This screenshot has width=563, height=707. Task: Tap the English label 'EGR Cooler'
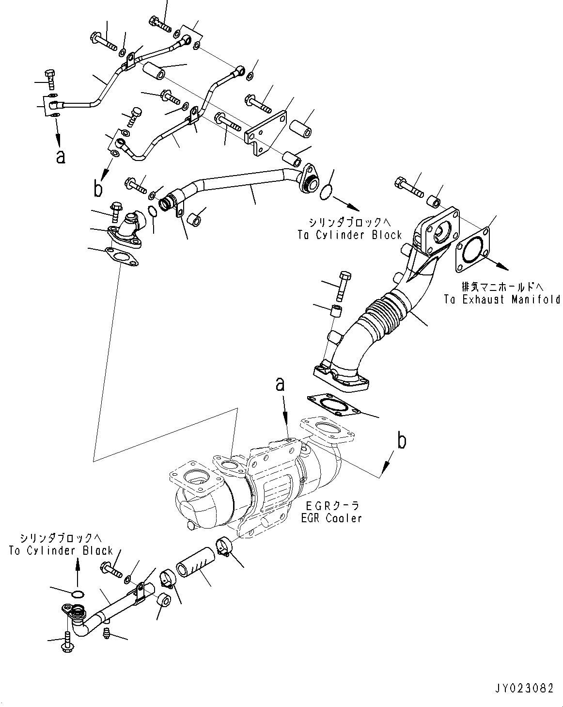tap(331, 518)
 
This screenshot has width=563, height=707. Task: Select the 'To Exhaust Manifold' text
tap(502, 299)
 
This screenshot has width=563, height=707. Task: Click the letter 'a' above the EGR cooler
tap(280, 386)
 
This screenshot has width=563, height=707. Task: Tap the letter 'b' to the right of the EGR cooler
tap(402, 442)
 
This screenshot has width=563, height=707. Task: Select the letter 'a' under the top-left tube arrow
tap(60, 157)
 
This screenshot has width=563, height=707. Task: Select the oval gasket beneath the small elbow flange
tap(121, 256)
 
